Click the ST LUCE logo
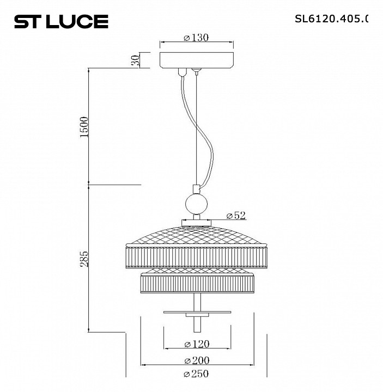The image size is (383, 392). pos(60,21)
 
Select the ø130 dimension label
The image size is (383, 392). pos(196,38)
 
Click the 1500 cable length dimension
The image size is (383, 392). pos(84,127)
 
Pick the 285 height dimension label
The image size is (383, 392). pos(84,259)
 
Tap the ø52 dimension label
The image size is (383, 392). pos(235,216)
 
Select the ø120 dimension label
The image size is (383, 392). pos(196,344)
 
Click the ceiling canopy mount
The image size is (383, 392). pos(196,59)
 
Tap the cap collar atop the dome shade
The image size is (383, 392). pos(197,221)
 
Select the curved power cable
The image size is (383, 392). pos(204,142)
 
